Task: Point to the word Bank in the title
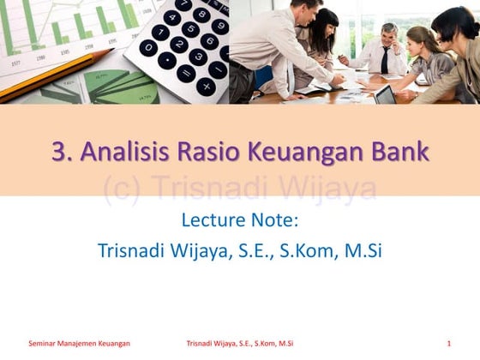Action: click(x=399, y=152)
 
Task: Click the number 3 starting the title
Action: click(x=58, y=152)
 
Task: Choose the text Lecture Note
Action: click(x=239, y=220)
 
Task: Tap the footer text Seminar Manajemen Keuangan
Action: click(x=79, y=344)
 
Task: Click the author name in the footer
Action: click(x=239, y=344)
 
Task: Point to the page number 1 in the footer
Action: click(x=448, y=344)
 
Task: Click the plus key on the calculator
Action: click(x=206, y=87)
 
